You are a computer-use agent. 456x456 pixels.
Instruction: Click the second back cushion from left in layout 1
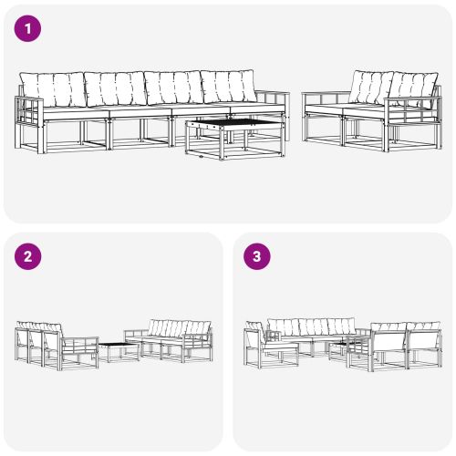(115, 88)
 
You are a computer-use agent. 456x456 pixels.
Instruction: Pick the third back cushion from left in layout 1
(173, 88)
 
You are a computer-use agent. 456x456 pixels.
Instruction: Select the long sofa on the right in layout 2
(173, 339)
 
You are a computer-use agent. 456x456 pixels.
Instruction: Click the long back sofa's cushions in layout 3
(310, 326)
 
